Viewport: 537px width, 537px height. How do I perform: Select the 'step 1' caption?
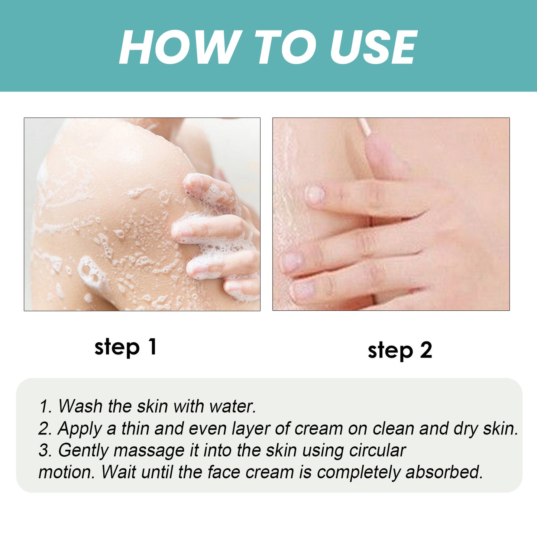tap(126, 347)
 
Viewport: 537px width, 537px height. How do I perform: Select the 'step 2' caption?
tap(400, 350)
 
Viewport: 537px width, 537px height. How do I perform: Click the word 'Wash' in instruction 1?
tap(80, 406)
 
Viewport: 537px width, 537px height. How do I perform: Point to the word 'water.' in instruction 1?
tap(233, 406)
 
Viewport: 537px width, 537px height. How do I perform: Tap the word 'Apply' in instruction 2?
tap(80, 428)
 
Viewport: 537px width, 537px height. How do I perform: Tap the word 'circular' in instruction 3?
tap(377, 450)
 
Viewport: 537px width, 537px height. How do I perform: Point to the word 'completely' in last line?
tap(359, 473)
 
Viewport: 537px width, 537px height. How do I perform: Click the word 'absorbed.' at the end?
tap(444, 472)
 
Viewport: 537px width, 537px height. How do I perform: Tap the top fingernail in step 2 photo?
tap(316, 194)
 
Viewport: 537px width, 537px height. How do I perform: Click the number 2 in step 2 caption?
tap(426, 350)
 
